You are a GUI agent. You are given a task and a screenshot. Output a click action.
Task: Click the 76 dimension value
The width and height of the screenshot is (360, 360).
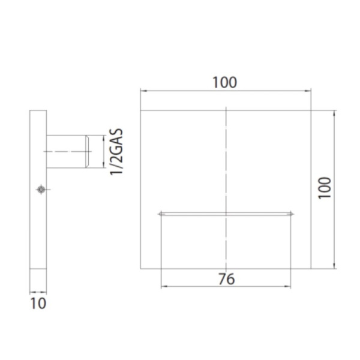[226, 278]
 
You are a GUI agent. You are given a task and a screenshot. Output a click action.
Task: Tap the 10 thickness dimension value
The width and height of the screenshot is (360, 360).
[38, 302]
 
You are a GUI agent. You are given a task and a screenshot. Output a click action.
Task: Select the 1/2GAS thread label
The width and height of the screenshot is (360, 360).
[117, 151]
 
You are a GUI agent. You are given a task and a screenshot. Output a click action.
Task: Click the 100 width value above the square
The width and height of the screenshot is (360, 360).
[226, 82]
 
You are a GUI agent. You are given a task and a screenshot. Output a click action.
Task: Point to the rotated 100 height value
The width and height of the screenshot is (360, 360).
[324, 188]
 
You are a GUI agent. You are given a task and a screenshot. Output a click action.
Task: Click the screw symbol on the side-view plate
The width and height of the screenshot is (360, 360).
[40, 190]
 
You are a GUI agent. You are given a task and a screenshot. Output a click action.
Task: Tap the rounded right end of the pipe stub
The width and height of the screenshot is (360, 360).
[88, 151]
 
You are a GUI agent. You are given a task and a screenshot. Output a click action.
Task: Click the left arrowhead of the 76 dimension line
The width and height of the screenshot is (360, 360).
[162, 287]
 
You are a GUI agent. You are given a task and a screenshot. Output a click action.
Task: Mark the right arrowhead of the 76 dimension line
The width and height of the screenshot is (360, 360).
[290, 287]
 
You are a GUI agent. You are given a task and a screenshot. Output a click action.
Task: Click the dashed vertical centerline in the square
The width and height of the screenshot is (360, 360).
[226, 168]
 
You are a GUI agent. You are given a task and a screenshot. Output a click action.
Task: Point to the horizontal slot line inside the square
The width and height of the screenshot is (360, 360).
[226, 214]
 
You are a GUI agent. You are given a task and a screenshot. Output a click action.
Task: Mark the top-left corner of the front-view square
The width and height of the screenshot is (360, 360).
[141, 110]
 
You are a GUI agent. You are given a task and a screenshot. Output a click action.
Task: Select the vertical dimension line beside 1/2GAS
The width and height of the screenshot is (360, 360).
[103, 151]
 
